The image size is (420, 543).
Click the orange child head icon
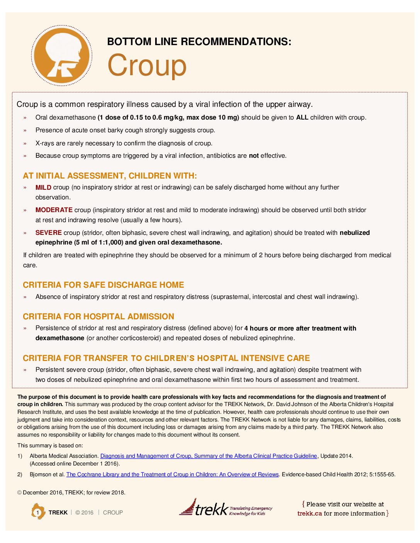pos(62,56)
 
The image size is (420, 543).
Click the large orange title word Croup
pos(147,65)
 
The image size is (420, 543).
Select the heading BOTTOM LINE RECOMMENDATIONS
pos(199,42)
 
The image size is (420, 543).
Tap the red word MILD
pos(43,187)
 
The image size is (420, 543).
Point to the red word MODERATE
pos(54,210)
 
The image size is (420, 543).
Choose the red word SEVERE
pos(48,233)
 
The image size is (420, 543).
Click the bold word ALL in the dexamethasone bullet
pos(302,117)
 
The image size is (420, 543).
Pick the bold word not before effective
pos(254,156)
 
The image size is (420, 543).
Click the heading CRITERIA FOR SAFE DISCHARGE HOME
pos(103,285)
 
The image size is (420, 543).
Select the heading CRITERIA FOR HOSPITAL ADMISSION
pos(98,317)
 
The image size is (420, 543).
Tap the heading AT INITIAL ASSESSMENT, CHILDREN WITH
pos(110,176)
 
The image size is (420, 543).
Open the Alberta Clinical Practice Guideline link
pos(208,456)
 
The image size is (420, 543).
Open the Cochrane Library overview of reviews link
pos(172,474)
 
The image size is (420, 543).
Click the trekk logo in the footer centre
pos(225,508)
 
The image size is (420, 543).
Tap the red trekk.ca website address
pos(310,513)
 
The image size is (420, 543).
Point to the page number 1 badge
pos(38,512)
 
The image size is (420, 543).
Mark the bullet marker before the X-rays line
pos(25,143)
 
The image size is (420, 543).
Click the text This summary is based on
pos(50,445)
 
